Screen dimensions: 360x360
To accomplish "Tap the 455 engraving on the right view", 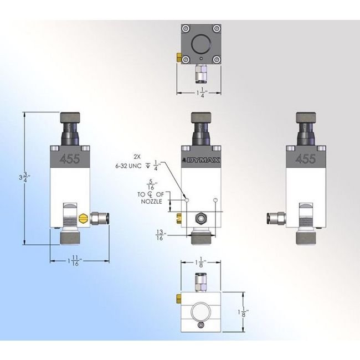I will [306, 160].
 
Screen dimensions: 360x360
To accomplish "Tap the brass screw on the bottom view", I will [178, 299].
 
